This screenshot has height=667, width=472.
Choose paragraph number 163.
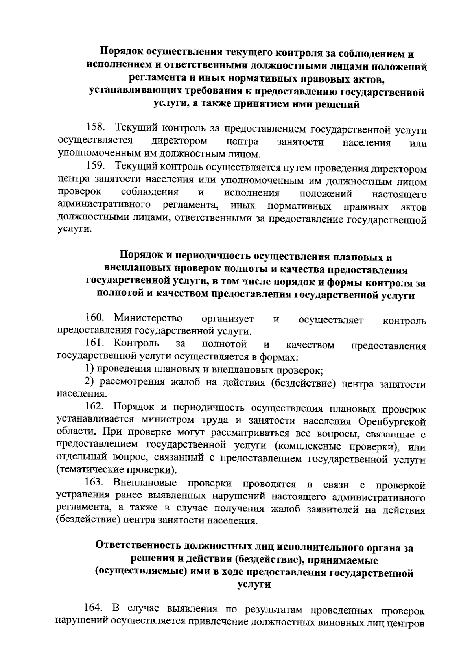[x=94, y=483]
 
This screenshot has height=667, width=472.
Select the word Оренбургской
[x=392, y=422]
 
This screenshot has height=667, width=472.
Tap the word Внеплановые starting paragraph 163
[x=145, y=483]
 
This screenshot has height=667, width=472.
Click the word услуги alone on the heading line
[x=254, y=585]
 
